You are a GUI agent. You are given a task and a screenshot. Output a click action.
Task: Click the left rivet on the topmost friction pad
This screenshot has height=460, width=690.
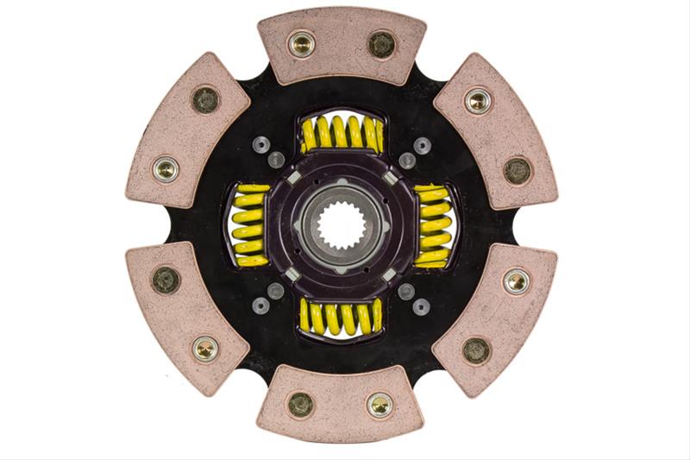point(301,42)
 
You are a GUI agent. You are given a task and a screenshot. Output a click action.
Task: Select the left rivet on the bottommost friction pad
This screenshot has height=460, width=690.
point(301,404)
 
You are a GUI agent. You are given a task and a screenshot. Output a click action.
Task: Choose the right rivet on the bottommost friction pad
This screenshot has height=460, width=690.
point(379,404)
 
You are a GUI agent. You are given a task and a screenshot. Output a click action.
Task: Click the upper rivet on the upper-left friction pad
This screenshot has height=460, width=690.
point(205,99)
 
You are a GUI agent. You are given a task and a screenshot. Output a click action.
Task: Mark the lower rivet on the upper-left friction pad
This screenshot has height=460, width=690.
point(166,169)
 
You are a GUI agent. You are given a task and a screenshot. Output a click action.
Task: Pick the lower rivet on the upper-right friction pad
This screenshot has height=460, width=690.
point(517,169)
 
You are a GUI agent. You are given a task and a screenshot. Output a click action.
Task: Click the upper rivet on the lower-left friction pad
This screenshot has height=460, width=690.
point(166,279)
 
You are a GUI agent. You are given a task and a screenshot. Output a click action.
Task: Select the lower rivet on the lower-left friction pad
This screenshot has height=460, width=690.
point(205,348)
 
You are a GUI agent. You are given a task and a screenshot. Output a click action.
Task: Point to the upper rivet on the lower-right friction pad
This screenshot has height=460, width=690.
point(517,280)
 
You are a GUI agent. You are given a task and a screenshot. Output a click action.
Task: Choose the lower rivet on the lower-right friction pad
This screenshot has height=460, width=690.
point(477,349)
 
